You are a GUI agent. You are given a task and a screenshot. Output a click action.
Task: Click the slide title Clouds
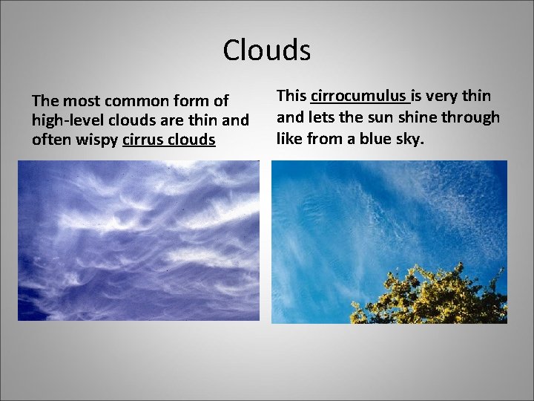point(266,50)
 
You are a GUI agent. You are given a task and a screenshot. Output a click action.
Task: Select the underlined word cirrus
point(145,139)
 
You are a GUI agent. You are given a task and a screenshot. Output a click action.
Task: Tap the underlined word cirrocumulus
point(359,96)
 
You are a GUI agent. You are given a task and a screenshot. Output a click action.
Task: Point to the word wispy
point(96,139)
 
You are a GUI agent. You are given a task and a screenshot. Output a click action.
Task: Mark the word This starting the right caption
point(291,96)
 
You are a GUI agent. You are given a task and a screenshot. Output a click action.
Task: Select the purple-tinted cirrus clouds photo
point(139,241)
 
